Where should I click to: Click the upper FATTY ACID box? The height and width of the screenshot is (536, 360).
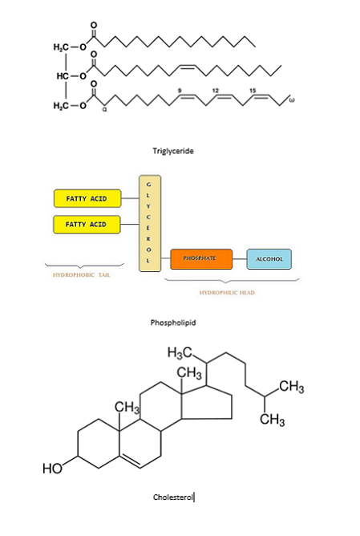86,197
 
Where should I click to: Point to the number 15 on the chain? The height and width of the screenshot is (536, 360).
252,90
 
